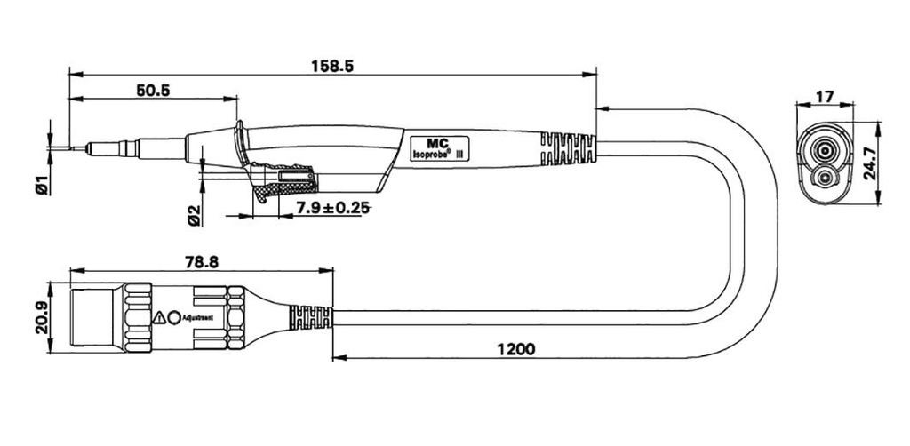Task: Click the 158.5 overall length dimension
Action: pyautogui.click(x=332, y=66)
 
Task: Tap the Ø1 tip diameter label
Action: pyautogui.click(x=41, y=189)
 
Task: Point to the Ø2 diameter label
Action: pyautogui.click(x=194, y=216)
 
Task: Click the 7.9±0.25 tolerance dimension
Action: pyautogui.click(x=332, y=208)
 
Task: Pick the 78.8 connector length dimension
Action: pyautogui.click(x=202, y=262)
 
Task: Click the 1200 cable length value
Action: pyautogui.click(x=516, y=349)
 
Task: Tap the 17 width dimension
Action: pyautogui.click(x=825, y=96)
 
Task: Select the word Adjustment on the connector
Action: pyautogui.click(x=198, y=318)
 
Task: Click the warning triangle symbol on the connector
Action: pyautogui.click(x=159, y=317)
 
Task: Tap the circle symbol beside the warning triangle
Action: pyautogui.click(x=173, y=317)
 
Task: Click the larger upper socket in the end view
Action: pyautogui.click(x=824, y=152)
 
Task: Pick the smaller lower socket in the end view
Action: pyautogui.click(x=824, y=177)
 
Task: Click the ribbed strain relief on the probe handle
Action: pyautogui.click(x=568, y=149)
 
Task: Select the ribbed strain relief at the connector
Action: pyautogui.click(x=311, y=318)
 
